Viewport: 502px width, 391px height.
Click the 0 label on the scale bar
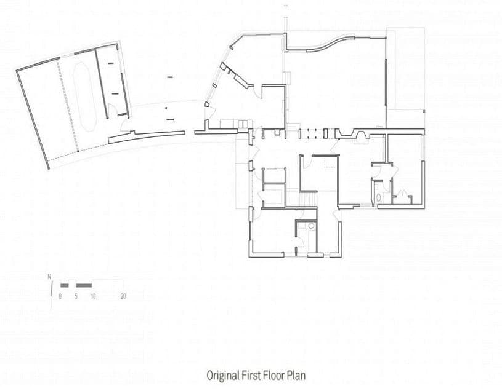point(60,296)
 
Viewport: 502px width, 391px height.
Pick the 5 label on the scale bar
point(76,296)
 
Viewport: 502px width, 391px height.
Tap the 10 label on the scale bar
point(93,296)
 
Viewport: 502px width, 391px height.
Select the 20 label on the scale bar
point(123,296)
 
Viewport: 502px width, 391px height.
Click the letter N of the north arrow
point(49,277)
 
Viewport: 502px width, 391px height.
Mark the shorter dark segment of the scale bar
point(64,285)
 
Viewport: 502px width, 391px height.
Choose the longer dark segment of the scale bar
point(84,285)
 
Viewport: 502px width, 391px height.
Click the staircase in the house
point(309,199)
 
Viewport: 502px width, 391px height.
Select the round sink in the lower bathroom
point(311,226)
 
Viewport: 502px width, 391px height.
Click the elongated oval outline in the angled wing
point(84,97)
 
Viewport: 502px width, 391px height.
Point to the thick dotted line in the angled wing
point(68,105)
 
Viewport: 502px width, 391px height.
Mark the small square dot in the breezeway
point(166,108)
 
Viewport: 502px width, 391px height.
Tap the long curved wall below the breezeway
point(147,136)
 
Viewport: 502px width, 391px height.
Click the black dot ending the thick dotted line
point(78,151)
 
